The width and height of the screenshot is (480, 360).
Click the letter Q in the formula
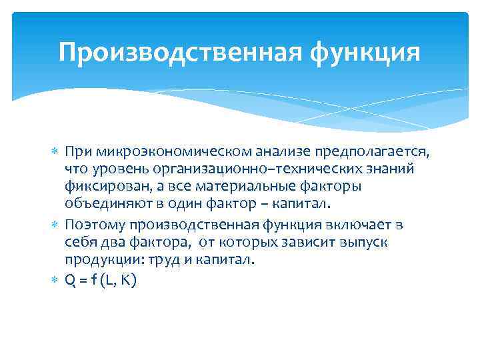(x=70, y=281)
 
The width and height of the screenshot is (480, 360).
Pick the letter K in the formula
(x=127, y=281)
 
